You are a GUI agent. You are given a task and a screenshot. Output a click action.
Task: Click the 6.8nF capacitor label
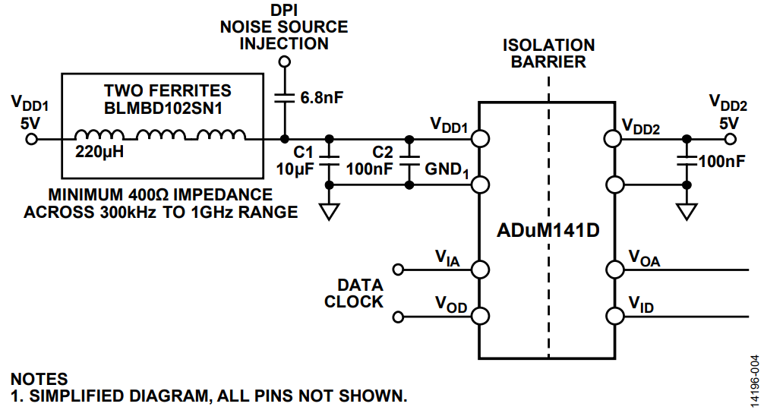(x=323, y=98)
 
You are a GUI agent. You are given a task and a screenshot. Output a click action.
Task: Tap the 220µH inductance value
(x=99, y=151)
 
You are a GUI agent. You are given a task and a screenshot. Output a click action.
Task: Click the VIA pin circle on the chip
(x=479, y=269)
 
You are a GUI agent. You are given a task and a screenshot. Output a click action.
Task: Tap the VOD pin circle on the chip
(x=479, y=314)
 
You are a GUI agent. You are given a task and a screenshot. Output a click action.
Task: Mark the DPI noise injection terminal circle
(x=285, y=61)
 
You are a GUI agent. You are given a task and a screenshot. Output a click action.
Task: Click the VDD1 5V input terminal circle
(x=32, y=139)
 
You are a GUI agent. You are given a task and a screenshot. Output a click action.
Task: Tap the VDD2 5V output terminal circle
(x=731, y=139)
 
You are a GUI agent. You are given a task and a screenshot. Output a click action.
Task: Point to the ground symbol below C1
(x=329, y=210)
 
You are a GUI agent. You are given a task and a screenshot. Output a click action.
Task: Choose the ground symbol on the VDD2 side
(x=687, y=210)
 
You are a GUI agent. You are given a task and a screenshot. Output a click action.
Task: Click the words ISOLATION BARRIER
(x=548, y=54)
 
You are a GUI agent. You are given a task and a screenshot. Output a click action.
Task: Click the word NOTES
(x=39, y=379)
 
